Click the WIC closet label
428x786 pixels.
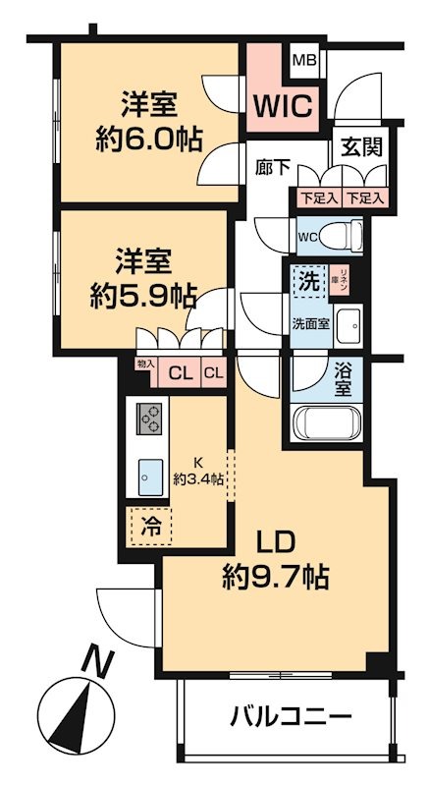[284, 104]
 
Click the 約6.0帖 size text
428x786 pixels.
[150, 139]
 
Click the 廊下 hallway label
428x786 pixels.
[273, 168]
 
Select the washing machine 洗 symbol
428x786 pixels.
[307, 279]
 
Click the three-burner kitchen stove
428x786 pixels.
[150, 421]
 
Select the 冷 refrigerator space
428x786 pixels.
[148, 526]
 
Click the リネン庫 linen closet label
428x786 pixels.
[342, 278]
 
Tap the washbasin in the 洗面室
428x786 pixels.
[348, 326]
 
